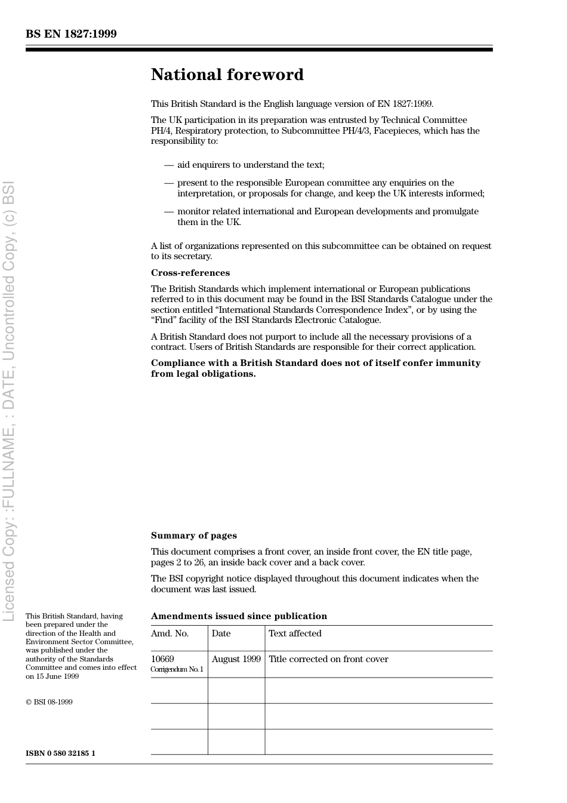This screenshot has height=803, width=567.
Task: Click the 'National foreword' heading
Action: (x=227, y=75)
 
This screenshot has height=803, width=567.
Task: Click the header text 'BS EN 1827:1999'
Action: (x=71, y=34)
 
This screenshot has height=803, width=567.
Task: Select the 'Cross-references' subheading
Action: (x=190, y=273)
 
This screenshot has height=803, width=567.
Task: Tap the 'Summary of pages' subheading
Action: (x=193, y=536)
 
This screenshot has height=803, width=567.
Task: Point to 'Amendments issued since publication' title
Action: (x=239, y=616)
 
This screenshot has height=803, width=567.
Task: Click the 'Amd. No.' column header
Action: (x=170, y=633)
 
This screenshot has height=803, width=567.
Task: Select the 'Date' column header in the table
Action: (x=221, y=633)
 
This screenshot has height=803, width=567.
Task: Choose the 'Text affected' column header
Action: (x=295, y=633)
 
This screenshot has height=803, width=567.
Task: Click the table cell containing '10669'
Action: (x=162, y=659)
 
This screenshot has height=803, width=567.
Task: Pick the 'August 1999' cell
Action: (x=236, y=659)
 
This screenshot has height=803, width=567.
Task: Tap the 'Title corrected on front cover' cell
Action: (x=328, y=659)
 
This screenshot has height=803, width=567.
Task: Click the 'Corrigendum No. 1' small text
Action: (x=177, y=669)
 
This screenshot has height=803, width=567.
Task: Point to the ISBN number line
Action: (x=60, y=753)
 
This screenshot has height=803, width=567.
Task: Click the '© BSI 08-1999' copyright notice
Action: (x=49, y=702)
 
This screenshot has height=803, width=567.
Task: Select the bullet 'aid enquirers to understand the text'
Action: (x=251, y=165)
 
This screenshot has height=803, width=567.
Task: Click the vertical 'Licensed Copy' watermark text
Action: (x=8, y=400)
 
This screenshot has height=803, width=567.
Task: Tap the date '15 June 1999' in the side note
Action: (x=57, y=676)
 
